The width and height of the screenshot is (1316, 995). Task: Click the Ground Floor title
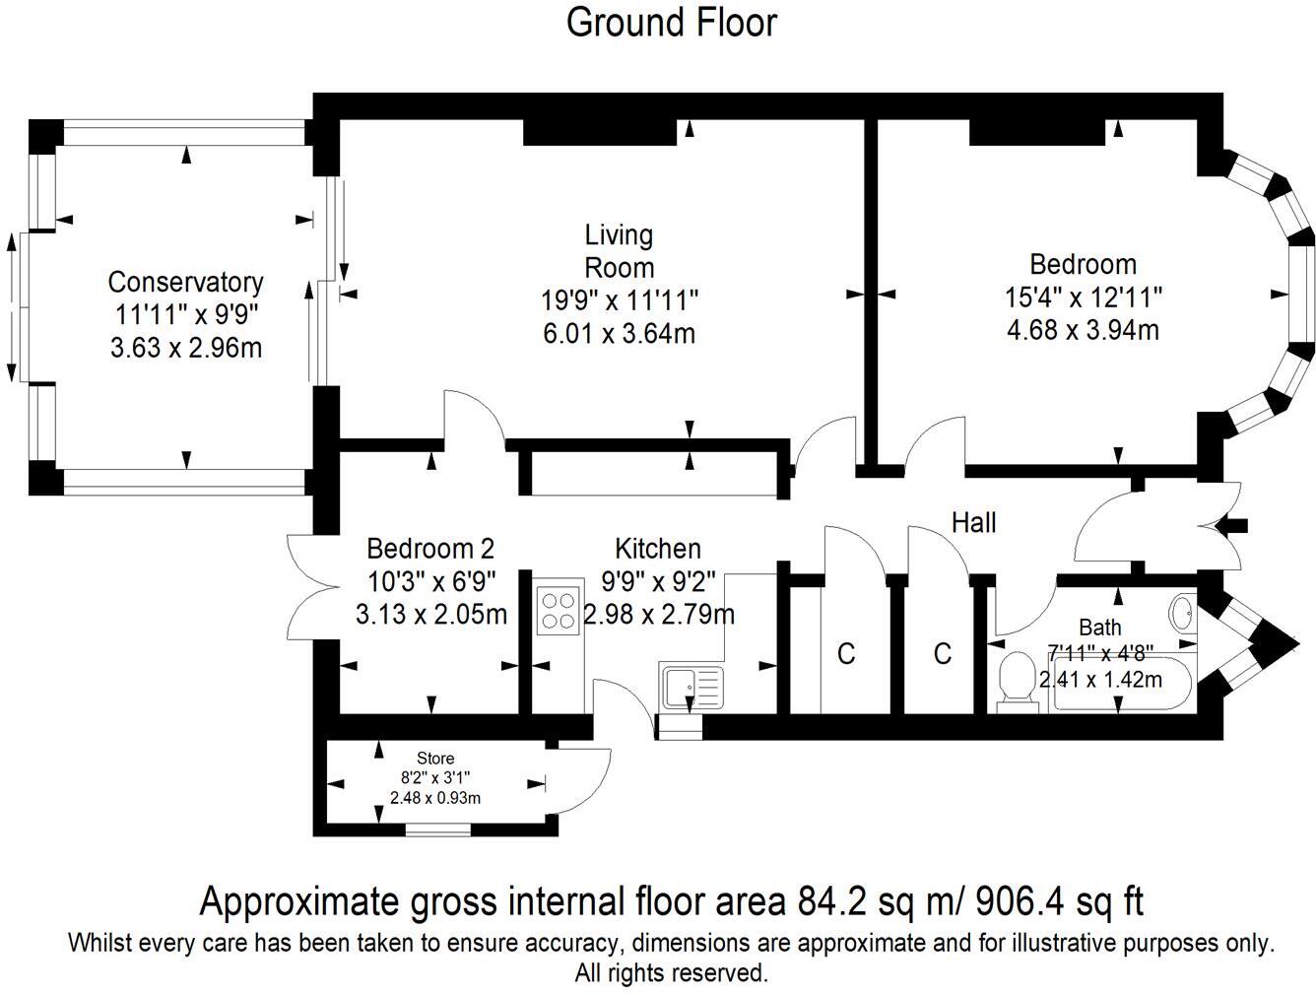671,23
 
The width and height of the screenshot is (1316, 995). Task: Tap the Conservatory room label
185,283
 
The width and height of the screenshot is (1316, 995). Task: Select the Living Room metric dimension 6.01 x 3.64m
619,333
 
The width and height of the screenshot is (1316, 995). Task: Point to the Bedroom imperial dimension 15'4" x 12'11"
1083,297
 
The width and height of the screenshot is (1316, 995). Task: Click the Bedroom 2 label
430,548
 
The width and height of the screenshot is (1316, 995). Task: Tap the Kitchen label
658,548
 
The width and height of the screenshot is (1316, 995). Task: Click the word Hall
973,522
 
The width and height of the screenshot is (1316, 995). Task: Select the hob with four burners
559,609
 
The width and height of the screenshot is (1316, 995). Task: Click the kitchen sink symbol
691,687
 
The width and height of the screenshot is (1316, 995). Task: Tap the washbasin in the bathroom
1182,614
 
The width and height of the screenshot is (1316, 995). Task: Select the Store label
435,758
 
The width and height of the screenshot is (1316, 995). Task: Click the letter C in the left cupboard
845,653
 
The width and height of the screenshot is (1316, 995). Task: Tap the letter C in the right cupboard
942,653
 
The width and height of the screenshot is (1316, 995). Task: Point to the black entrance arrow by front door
1233,525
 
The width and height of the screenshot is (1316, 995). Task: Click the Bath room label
1099,627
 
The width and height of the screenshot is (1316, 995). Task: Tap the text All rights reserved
671,973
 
